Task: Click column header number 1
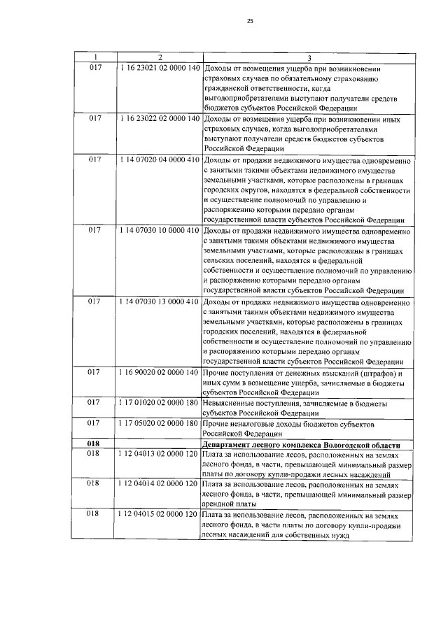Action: (96, 57)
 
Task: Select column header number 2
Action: (160, 57)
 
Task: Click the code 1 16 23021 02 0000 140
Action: (160, 68)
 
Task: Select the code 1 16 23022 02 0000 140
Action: (160, 119)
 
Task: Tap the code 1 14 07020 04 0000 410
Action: (160, 160)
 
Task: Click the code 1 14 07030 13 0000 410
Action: (160, 302)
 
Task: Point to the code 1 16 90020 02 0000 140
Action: (160, 373)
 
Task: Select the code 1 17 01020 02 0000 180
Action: (160, 404)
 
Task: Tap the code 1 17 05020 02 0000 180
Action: (160, 424)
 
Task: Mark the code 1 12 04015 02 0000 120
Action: (160, 515)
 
